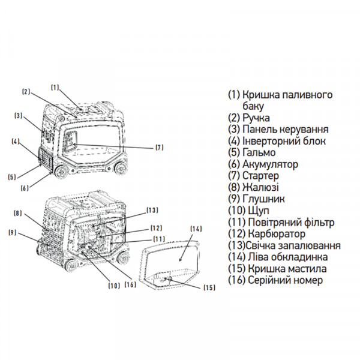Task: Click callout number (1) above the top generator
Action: pos(55,86)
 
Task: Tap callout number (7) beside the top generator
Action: pos(159,148)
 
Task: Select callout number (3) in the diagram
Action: pos(18,115)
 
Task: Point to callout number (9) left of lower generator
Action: pos(12,233)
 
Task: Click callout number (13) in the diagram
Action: pos(152,210)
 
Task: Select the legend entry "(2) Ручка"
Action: pos(248,118)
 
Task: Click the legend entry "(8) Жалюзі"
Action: pos(253,187)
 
